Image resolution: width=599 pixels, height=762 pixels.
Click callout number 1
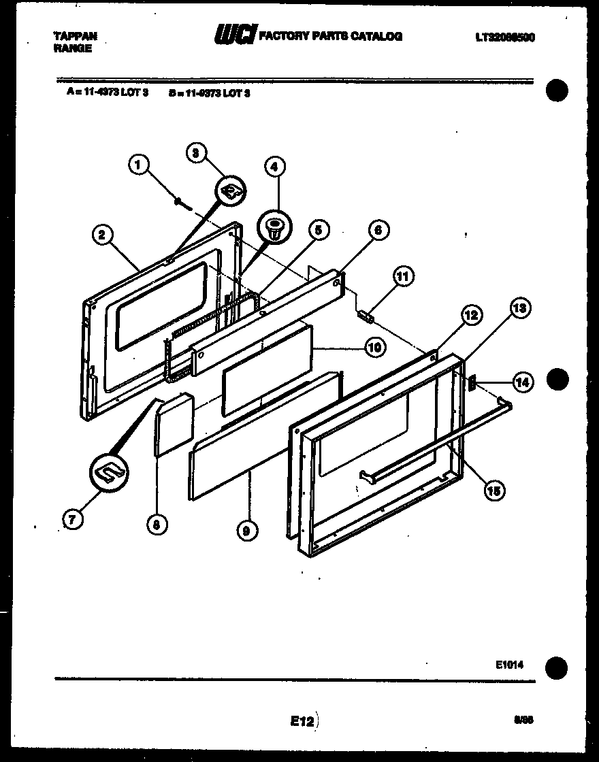click(139, 164)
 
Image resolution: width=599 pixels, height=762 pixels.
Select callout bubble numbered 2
click(101, 235)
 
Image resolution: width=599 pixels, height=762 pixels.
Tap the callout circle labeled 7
click(72, 518)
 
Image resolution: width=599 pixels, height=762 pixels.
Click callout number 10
click(374, 348)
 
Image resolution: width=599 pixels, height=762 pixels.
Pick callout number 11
click(403, 276)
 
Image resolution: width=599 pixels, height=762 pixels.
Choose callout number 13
click(519, 308)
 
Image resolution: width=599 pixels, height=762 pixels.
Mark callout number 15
click(495, 489)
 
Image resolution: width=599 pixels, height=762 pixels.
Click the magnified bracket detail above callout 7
click(109, 471)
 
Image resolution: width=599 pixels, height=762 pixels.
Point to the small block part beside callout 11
click(368, 316)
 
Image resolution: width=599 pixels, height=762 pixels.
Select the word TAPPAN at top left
click(75, 36)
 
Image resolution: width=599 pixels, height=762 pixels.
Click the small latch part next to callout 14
click(470, 383)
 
